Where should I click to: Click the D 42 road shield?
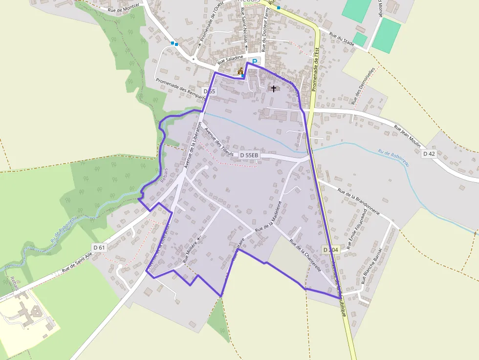tap(429, 153)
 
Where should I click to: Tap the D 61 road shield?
tap(99, 247)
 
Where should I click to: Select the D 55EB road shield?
tap(249, 155)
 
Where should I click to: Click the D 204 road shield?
tap(331, 250)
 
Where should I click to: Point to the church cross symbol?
tap(274, 88)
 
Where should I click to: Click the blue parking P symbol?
tap(255, 62)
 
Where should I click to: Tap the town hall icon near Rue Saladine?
tap(240, 72)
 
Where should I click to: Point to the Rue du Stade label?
tap(342, 39)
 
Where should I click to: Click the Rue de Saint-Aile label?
tap(77, 264)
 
